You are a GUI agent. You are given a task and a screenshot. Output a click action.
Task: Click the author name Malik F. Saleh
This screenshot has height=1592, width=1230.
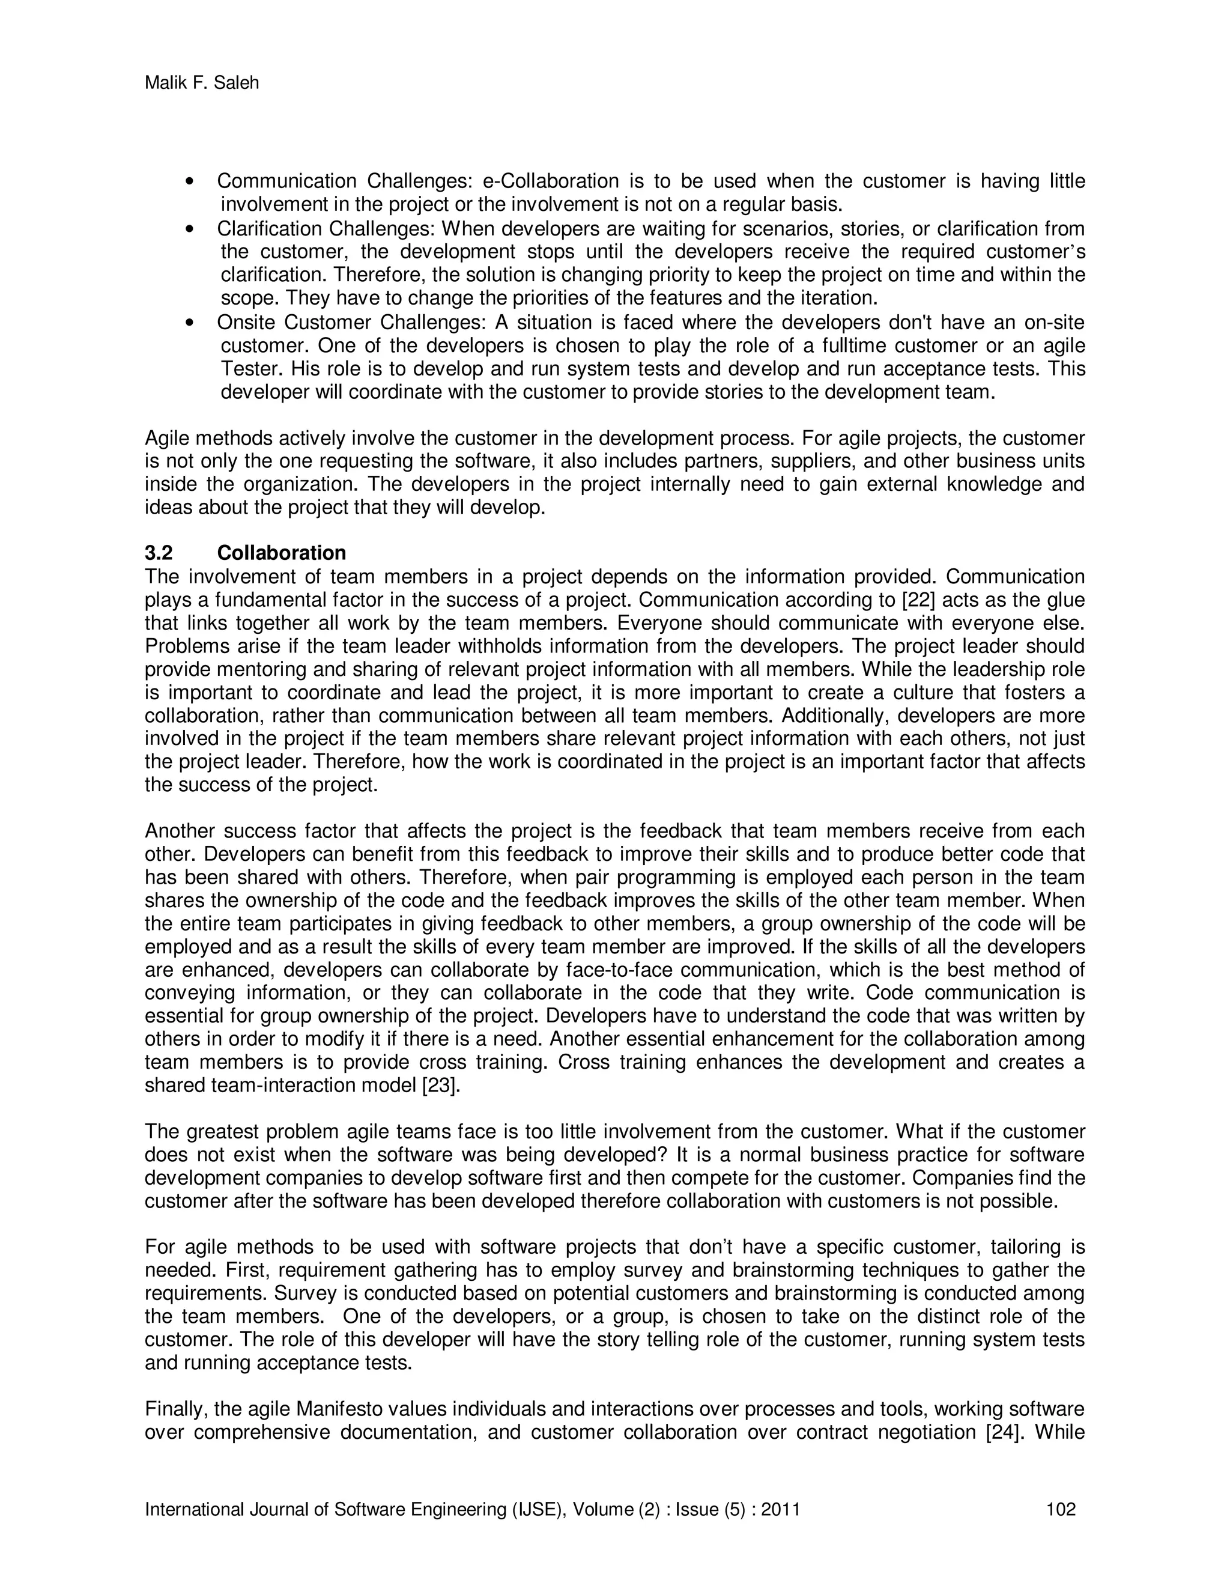202,83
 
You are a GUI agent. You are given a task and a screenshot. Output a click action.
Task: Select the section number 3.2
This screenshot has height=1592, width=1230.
159,553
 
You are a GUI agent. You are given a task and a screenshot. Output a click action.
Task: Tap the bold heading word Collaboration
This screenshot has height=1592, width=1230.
281,553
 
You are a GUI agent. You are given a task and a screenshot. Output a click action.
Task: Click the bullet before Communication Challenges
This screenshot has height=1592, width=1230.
190,181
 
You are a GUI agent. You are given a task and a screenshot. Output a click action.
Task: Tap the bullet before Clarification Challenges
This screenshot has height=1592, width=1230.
190,229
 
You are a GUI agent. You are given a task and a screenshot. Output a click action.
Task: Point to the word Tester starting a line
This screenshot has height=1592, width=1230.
248,369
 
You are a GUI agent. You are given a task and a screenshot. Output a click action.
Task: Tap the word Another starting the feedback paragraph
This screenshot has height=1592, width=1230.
179,831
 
